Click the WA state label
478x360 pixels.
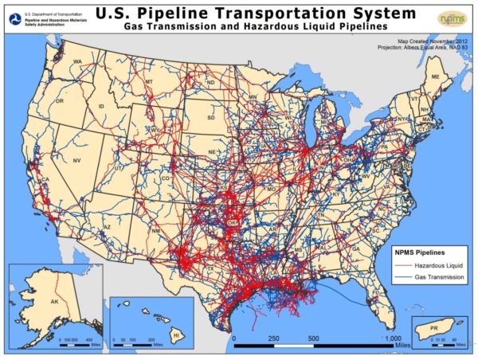78,62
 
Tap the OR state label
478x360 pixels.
59,102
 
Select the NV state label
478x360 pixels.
77,161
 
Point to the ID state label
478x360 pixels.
102,107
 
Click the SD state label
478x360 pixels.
211,118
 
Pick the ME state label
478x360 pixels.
435,76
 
